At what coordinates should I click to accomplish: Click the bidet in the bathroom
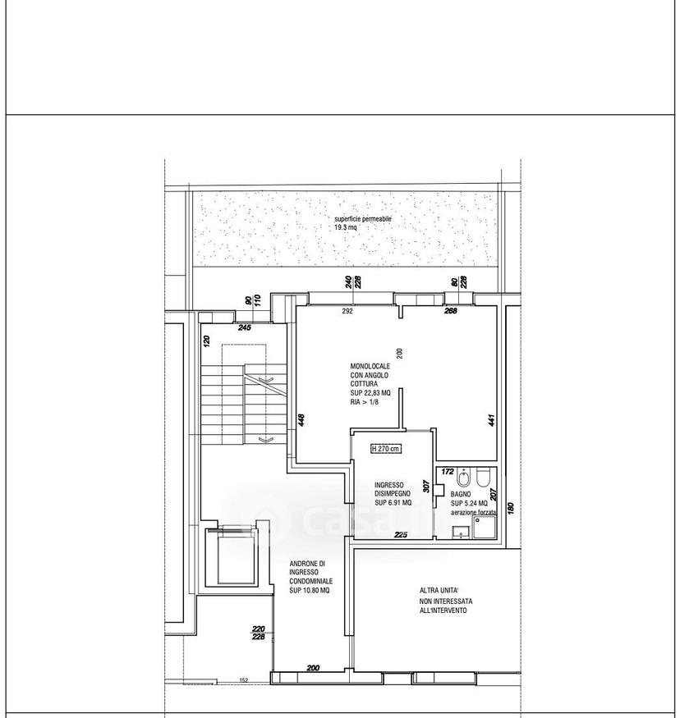click(463, 478)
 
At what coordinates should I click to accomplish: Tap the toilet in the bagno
click(484, 478)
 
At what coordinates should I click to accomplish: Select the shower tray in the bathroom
click(485, 527)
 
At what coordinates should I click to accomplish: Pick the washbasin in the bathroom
click(461, 532)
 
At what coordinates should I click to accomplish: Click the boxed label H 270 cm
click(385, 449)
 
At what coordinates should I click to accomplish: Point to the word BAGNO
click(461, 495)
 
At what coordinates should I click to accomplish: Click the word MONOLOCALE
click(370, 366)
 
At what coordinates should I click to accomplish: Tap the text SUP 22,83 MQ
click(370, 393)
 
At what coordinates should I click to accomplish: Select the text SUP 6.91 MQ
click(393, 503)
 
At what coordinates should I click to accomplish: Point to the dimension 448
click(301, 420)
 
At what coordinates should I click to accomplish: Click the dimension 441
click(492, 420)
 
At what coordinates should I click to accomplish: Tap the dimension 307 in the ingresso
click(426, 487)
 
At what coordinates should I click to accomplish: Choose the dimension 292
click(347, 311)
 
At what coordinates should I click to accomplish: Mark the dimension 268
click(451, 311)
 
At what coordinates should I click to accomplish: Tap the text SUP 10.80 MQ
click(310, 590)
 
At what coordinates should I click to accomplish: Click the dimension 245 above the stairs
click(245, 328)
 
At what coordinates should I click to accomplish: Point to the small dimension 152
click(244, 680)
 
